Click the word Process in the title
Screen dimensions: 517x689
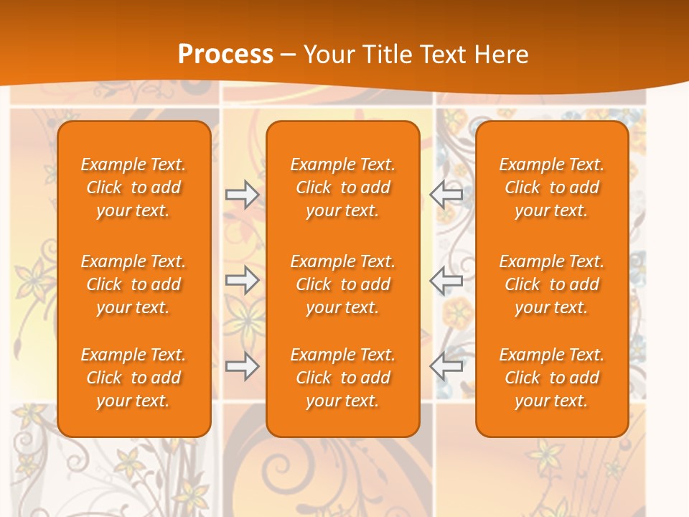click(x=225, y=54)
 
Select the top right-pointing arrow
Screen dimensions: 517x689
click(x=242, y=195)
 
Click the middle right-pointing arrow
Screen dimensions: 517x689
click(x=242, y=280)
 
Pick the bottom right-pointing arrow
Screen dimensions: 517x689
click(x=242, y=366)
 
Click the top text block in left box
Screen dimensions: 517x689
click(x=133, y=187)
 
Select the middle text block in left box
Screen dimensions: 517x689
click(x=133, y=284)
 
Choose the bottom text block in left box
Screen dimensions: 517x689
click(x=133, y=378)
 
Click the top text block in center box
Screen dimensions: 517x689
click(x=342, y=187)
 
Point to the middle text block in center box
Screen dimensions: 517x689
click(x=342, y=284)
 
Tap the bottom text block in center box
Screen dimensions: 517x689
click(x=342, y=378)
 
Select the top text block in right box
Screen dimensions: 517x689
click(x=551, y=187)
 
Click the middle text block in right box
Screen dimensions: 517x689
click(x=551, y=284)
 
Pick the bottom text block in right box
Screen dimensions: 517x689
click(x=551, y=378)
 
